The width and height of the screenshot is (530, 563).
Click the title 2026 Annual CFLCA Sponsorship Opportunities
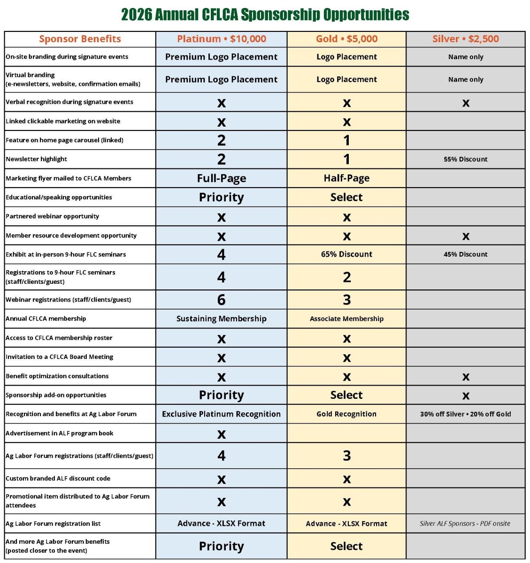click(x=265, y=15)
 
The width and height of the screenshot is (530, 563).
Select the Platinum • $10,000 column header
click(x=221, y=39)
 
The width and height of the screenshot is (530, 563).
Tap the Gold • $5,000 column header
click(x=346, y=39)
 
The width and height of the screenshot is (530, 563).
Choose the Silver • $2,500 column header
click(x=465, y=39)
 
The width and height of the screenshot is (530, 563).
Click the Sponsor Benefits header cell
click(x=80, y=39)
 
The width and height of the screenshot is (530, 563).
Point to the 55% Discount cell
click(x=465, y=159)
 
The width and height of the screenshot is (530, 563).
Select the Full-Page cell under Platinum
click(x=221, y=178)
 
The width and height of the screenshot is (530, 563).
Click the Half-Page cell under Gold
click(x=346, y=178)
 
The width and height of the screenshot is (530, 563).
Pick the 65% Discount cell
click(x=346, y=254)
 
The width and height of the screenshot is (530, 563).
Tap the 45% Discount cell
click(x=465, y=254)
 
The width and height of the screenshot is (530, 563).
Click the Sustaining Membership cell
click(x=221, y=319)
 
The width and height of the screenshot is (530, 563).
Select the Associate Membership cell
click(x=346, y=319)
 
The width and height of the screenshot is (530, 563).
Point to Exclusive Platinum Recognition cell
click(x=221, y=414)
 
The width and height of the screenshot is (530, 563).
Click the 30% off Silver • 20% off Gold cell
click(x=465, y=414)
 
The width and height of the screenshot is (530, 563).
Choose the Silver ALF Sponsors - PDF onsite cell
click(x=465, y=524)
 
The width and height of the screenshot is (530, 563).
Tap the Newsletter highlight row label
click(x=37, y=159)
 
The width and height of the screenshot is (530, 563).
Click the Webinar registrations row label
click(x=69, y=299)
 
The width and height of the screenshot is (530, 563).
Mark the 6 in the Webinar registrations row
click(x=221, y=299)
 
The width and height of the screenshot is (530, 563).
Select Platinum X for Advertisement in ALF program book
click(x=221, y=434)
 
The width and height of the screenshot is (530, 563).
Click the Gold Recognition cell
click(x=346, y=414)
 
